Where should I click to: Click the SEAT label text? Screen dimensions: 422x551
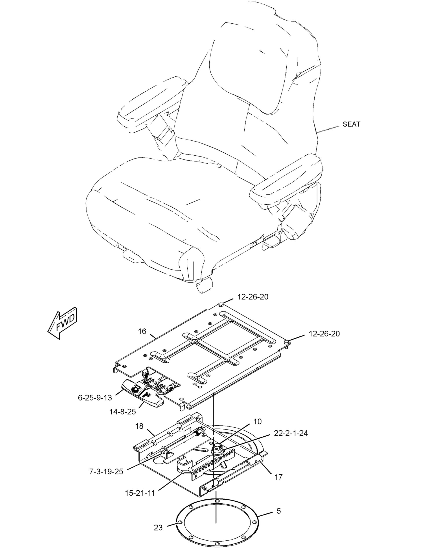tap(351, 124)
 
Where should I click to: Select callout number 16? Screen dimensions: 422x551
tap(142, 331)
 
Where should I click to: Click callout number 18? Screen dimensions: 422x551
tap(139, 426)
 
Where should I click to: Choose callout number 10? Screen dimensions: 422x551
tap(258, 421)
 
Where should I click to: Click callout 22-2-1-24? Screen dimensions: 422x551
tap(291, 433)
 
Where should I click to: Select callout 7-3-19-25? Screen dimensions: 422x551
tap(106, 471)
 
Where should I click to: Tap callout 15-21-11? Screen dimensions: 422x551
tap(140, 493)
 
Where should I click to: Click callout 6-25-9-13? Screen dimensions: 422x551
tap(95, 398)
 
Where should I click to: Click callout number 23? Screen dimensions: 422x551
tap(158, 528)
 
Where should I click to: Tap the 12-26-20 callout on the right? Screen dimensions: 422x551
tap(324, 333)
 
